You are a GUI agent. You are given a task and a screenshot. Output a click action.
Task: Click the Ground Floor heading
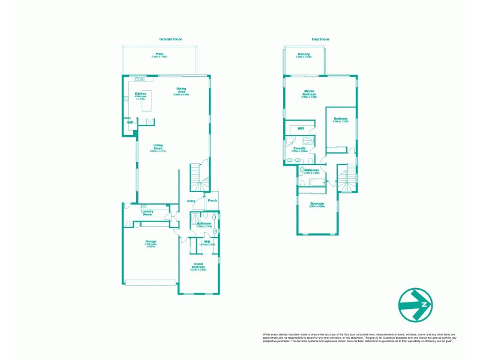point(170,39)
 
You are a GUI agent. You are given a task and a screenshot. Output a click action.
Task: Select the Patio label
point(160,55)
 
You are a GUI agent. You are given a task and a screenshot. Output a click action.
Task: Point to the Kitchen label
point(140,94)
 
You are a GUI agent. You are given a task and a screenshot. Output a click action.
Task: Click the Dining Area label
point(181,91)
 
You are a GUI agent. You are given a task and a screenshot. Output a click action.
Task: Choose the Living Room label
point(158,147)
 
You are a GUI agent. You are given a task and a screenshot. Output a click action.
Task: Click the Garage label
point(150,243)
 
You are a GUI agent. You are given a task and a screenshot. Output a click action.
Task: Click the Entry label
point(191,201)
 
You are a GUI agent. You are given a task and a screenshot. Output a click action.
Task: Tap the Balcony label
point(304,55)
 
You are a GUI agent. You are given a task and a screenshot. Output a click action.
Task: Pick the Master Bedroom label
point(310,93)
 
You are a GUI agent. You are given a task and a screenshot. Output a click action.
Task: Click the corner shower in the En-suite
point(291,141)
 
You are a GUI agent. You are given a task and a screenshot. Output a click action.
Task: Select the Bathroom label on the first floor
point(312,171)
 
